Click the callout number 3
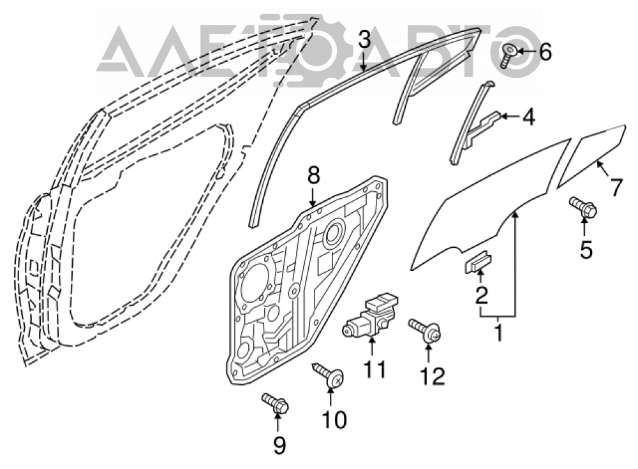coord(364,41)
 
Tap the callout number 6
coord(545,52)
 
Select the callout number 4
coord(528,117)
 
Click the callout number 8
coord(314,177)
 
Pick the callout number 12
coord(433,377)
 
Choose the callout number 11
coord(374,370)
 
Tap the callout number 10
coord(334,419)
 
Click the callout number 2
coord(481,296)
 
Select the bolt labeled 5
coord(583,207)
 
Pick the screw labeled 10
coord(329,375)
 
